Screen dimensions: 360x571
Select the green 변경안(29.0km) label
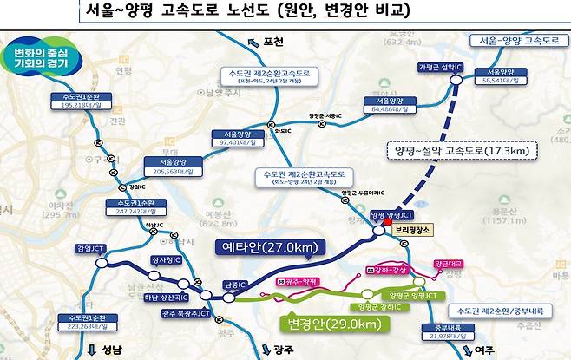point(333,324)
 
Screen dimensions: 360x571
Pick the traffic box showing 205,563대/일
point(173,167)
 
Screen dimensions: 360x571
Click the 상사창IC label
point(168,260)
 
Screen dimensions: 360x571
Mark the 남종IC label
point(235,283)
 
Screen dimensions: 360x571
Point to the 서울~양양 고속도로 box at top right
point(518,41)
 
